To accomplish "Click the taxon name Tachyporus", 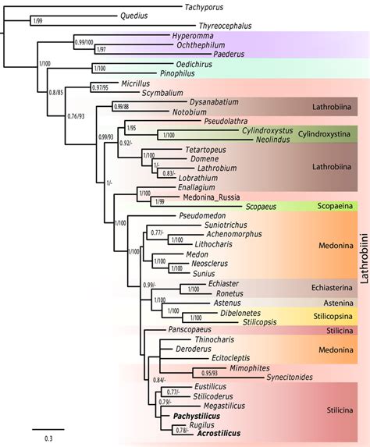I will pyautogui.click(x=204, y=6).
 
